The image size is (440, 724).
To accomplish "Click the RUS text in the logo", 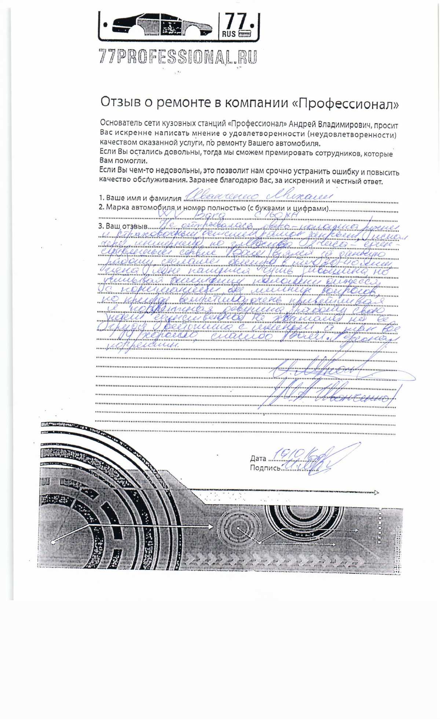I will (229, 34).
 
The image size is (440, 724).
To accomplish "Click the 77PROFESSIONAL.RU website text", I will (178, 57).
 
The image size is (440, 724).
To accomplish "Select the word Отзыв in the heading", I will (121, 102).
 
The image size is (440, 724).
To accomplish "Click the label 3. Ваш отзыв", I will (123, 226).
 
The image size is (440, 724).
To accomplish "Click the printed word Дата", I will (258, 458).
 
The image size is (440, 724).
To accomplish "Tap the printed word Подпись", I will (265, 468).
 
